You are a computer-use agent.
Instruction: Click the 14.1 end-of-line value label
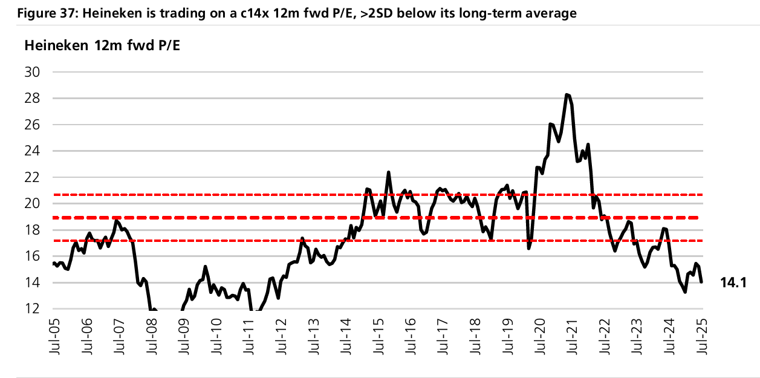[733, 282]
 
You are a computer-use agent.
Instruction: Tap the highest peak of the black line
[567, 94]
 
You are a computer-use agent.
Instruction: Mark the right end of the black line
[701, 282]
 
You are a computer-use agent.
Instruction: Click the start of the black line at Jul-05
[53, 263]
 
